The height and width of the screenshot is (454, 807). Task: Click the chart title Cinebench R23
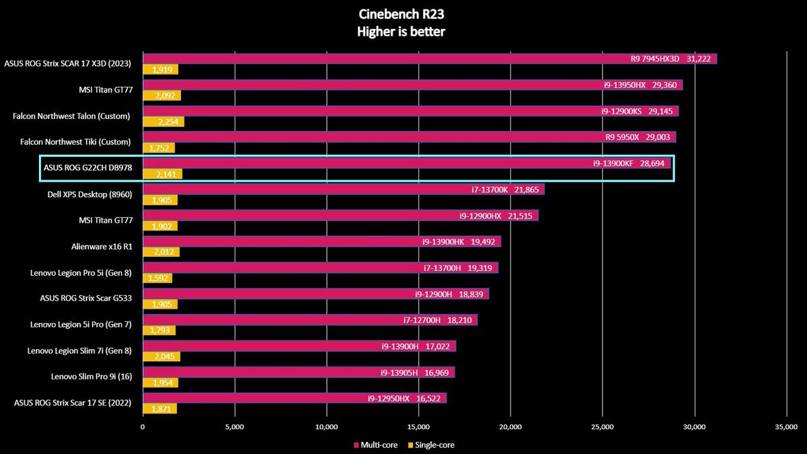401,14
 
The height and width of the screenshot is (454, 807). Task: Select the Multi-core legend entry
376,445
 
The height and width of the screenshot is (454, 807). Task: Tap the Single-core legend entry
431,445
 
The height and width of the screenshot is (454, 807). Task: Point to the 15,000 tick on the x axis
418,427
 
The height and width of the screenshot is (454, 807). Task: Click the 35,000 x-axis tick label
786,427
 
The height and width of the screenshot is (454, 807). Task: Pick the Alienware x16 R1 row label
102,247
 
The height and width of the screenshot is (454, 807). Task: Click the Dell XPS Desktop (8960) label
89,194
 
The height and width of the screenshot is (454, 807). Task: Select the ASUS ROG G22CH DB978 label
88,168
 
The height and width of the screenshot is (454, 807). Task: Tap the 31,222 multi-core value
699,59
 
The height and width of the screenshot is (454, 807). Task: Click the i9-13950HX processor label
625,85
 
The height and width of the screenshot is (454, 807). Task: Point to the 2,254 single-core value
168,122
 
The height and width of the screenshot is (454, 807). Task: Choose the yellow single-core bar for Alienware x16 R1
161,252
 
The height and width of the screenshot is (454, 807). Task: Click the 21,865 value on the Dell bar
527,190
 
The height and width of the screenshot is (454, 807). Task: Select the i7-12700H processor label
422,320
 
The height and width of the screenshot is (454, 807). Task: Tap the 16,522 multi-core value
428,398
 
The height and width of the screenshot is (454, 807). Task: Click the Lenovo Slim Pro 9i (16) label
91,377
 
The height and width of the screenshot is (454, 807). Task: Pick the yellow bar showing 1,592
157,278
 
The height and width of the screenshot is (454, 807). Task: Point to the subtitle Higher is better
401,32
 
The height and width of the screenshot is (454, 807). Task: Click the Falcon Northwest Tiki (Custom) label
75,142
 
